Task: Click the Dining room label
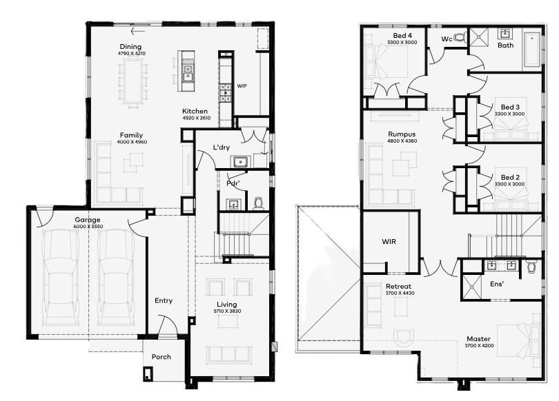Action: coord(130,47)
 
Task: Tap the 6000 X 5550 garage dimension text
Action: coord(88,227)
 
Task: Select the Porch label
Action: coord(161,357)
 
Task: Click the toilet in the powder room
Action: coord(259,203)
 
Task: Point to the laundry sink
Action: coord(241,162)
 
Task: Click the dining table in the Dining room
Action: coord(133,81)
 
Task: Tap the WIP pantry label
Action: coord(242,86)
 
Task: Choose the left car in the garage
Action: coord(60,278)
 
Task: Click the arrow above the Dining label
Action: coord(137,31)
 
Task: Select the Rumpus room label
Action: coord(402,134)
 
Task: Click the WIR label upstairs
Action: coord(389,242)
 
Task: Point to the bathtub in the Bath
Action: coord(531,50)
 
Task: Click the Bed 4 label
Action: coord(402,36)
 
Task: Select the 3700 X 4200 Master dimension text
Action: coord(479,345)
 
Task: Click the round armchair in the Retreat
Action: coord(404,337)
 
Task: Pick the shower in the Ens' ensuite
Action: coord(471,287)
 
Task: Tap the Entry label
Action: coord(164,301)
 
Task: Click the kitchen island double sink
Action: coord(188,72)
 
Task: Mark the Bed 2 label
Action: coord(510,177)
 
